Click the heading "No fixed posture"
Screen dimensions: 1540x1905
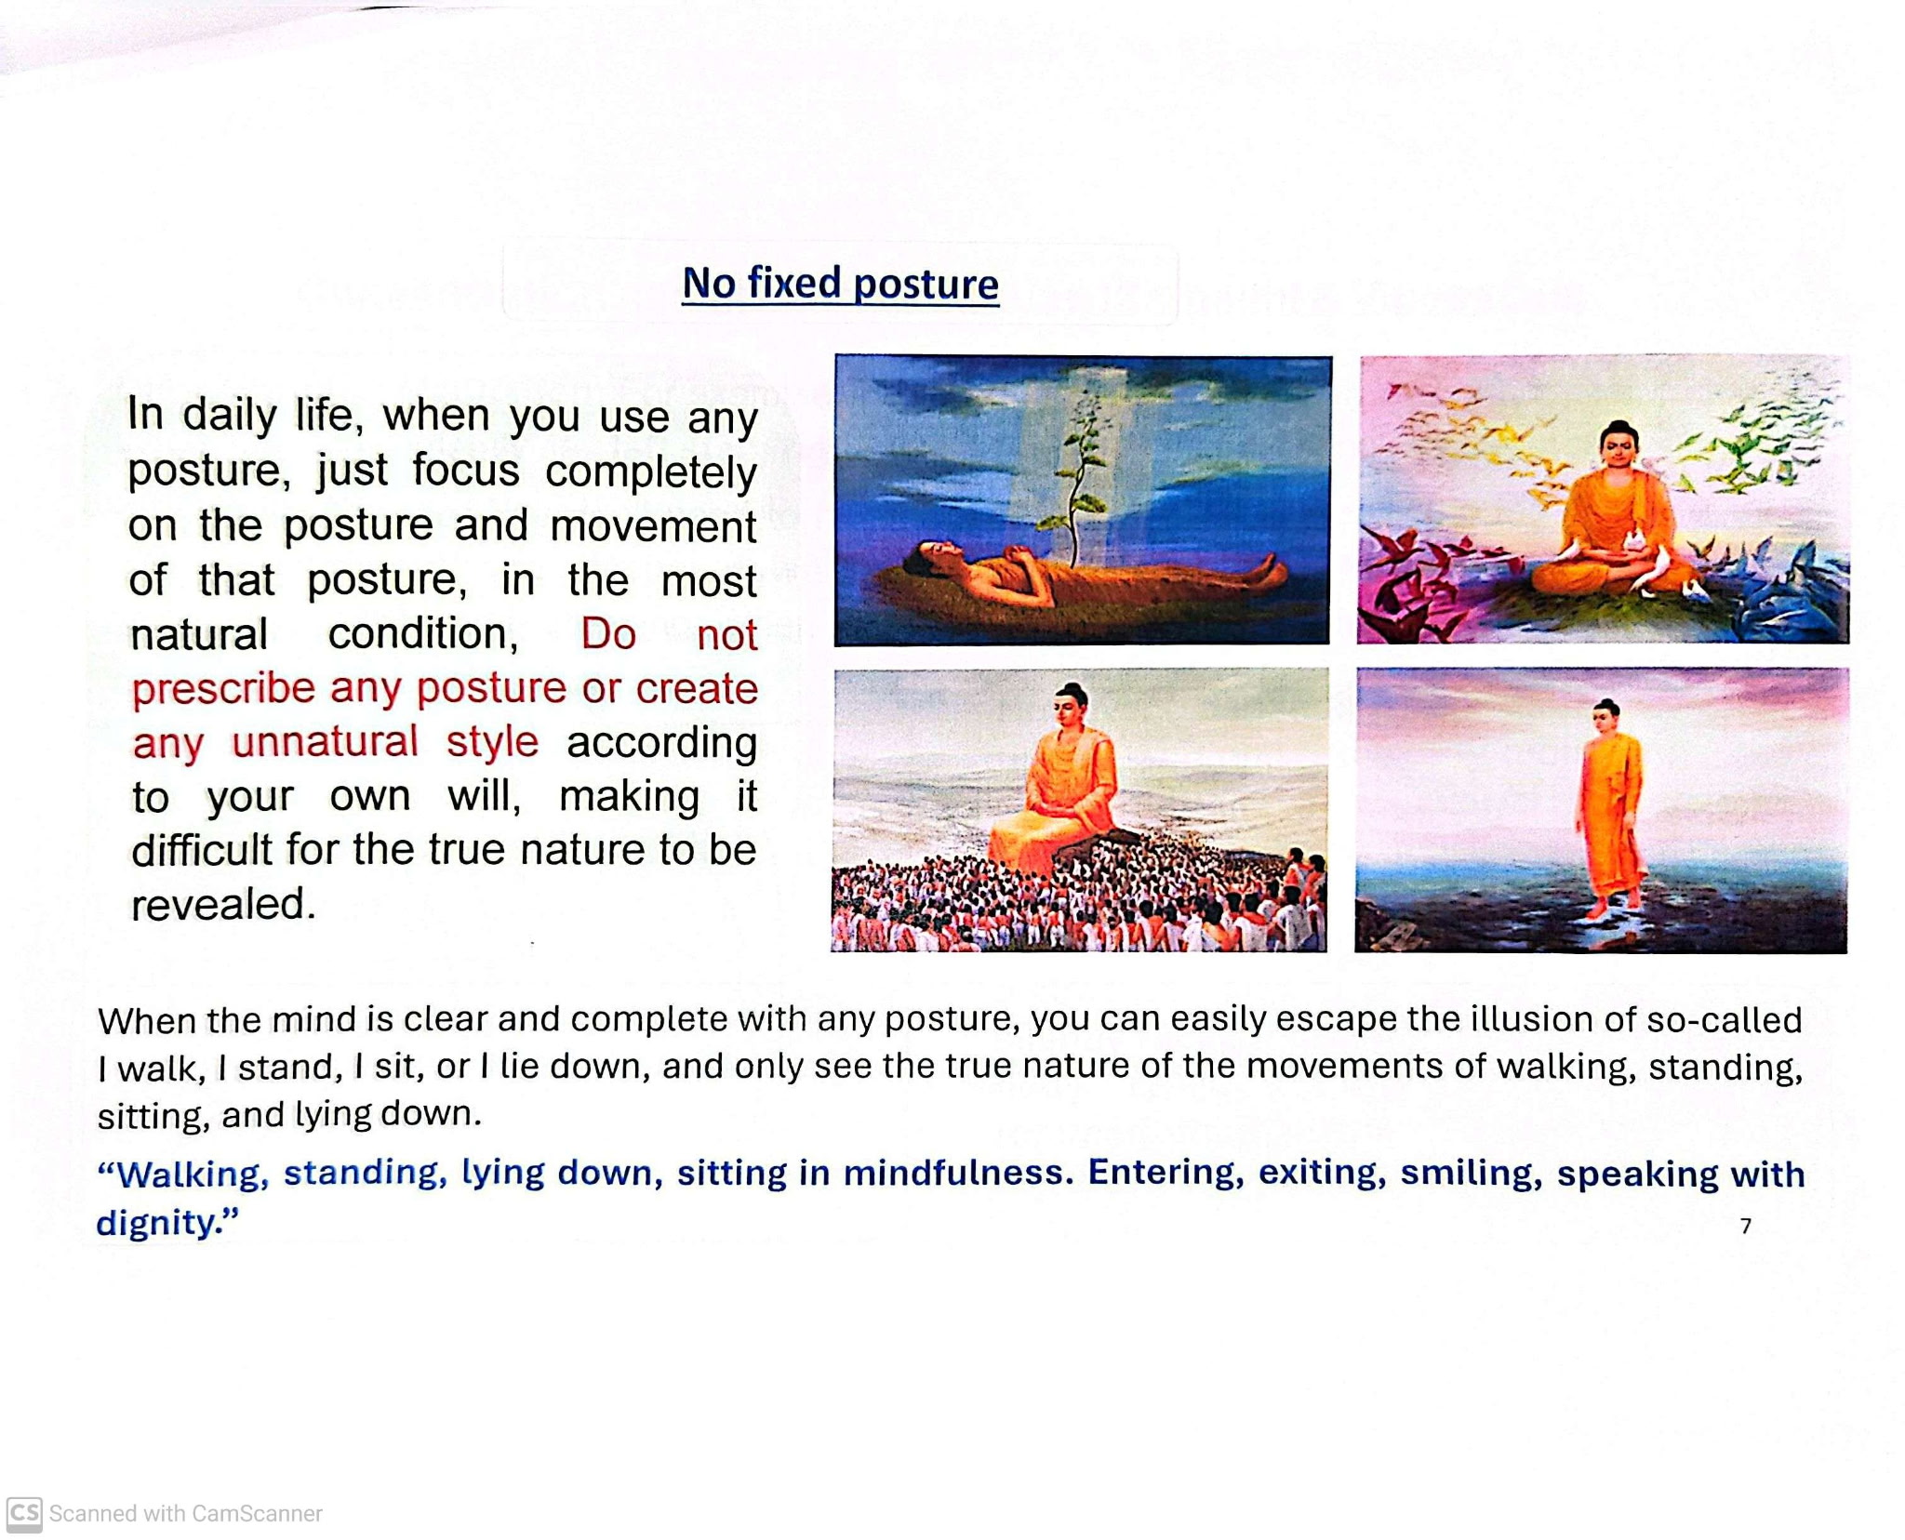pos(840,284)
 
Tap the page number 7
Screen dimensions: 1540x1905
pos(1745,1226)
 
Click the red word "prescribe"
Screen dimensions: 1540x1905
pos(223,689)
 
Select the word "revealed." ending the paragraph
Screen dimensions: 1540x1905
pos(223,904)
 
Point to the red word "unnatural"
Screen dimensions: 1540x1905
pos(325,742)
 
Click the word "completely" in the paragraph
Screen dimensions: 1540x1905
pos(650,471)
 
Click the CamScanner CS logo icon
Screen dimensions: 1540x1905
pos(24,1513)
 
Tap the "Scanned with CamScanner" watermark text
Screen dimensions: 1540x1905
pos(185,1514)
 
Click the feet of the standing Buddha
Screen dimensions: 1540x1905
pos(1614,902)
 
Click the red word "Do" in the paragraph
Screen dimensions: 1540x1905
pos(608,634)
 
